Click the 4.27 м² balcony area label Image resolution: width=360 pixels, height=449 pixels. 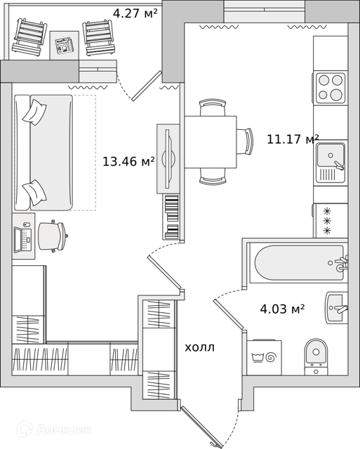(135, 13)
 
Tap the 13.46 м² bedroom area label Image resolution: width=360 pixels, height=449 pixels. (128, 161)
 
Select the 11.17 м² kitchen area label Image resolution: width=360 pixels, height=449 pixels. (293, 139)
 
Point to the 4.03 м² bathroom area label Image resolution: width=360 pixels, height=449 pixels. (282, 309)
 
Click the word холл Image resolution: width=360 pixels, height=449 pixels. (199, 348)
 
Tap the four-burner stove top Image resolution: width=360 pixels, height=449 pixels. (331, 87)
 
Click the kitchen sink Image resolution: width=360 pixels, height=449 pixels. (331, 162)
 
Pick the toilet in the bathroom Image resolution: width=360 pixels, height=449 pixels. (316, 357)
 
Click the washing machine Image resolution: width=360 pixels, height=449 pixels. (264, 357)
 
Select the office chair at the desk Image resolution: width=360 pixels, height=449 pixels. (53, 236)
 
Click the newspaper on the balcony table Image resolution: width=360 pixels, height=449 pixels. (64, 45)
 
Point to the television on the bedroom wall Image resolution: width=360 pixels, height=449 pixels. (169, 159)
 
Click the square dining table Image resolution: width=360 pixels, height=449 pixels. (211, 142)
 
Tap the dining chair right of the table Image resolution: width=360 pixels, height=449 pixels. (246, 142)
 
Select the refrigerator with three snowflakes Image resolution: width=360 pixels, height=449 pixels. (331, 220)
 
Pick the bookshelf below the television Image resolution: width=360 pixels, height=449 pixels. (171, 217)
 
